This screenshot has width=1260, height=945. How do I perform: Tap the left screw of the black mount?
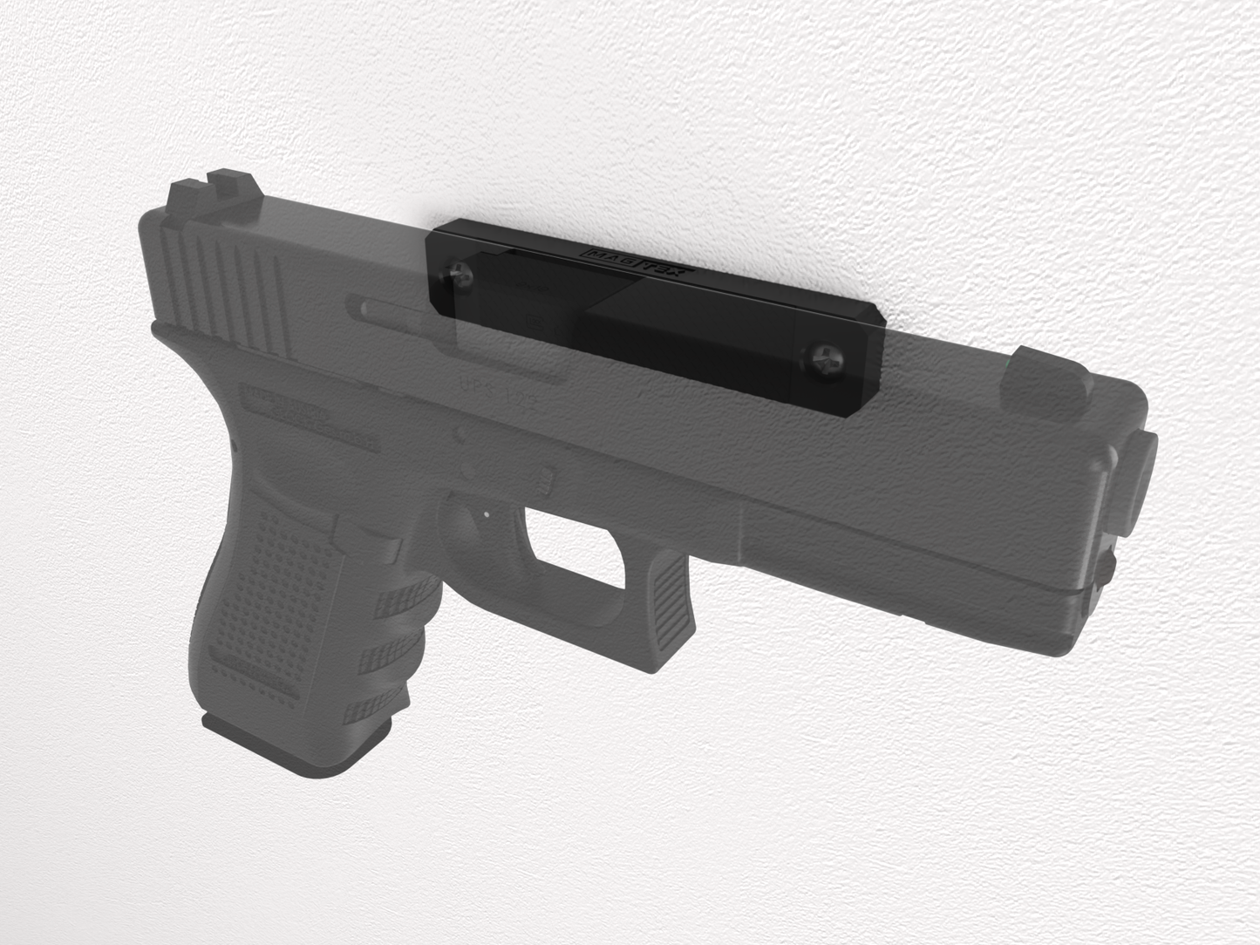(x=458, y=275)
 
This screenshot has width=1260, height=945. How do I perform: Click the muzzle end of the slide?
(x=1134, y=488)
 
